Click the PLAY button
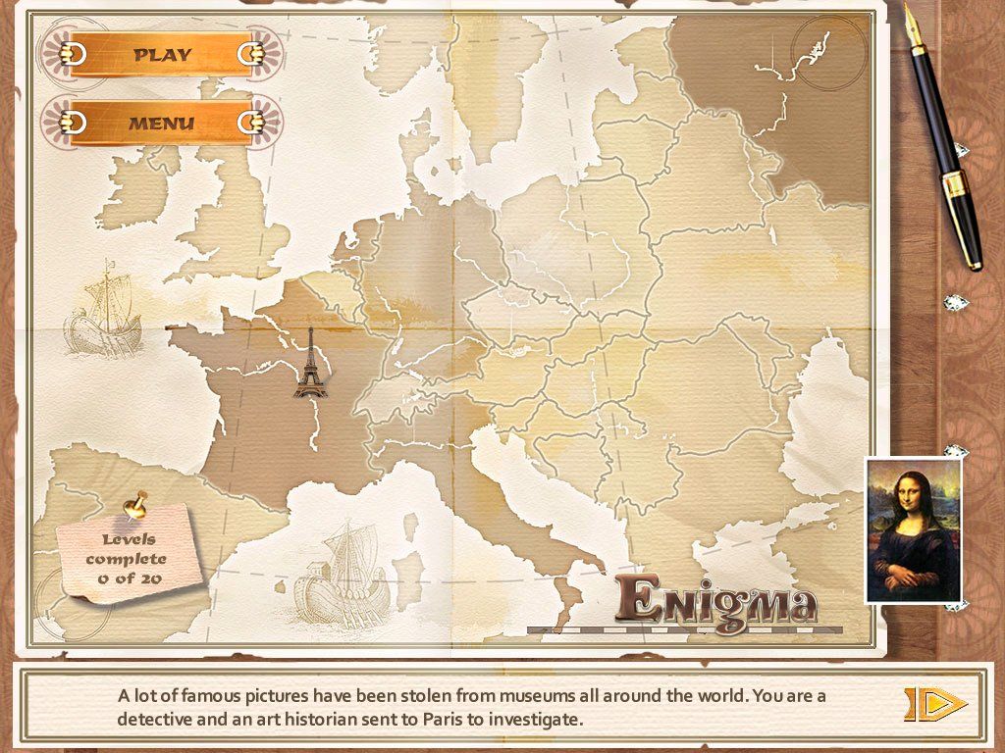[x=162, y=55]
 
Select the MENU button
[x=162, y=125]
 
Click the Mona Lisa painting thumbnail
[x=913, y=530]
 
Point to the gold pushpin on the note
[x=134, y=506]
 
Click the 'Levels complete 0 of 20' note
[x=129, y=558]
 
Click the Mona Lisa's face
[x=909, y=492]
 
